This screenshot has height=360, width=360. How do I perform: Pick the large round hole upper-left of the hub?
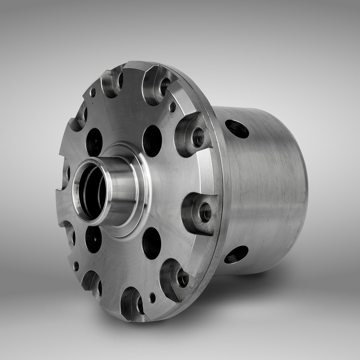94,140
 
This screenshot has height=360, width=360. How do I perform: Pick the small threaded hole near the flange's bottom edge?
153,297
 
